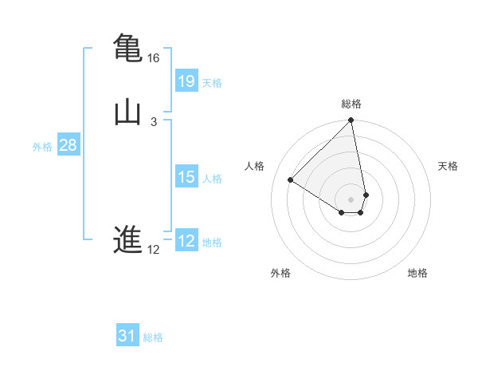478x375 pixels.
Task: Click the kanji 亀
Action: [127, 47]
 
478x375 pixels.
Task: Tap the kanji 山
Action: [127, 112]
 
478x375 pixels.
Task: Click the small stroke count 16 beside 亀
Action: [153, 58]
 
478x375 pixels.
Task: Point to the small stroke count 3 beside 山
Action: [153, 122]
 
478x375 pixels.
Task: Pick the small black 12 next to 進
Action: [153, 250]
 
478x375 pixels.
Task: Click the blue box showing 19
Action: [186, 81]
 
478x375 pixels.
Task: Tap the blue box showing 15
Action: [186, 177]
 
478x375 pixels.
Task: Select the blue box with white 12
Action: [186, 241]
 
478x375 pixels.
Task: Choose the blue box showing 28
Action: [68, 146]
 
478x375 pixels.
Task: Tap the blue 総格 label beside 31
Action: [153, 337]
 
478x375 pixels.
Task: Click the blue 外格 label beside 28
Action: [42, 147]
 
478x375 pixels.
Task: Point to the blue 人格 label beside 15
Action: [213, 179]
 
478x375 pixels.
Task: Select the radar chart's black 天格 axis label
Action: [448, 166]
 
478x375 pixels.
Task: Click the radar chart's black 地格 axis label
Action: [417, 273]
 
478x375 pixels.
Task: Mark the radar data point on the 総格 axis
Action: [351, 121]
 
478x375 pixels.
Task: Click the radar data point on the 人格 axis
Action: [291, 180]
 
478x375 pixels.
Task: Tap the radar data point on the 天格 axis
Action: [366, 195]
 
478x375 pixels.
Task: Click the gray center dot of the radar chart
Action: [351, 199]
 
